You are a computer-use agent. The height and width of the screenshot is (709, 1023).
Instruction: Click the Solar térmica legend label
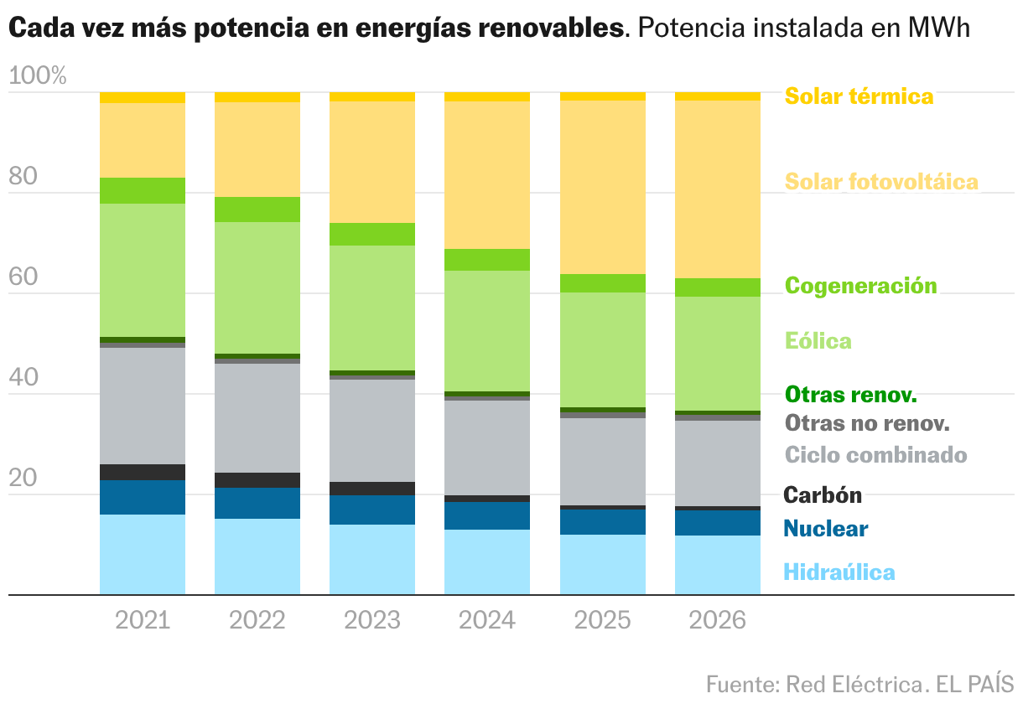(x=859, y=96)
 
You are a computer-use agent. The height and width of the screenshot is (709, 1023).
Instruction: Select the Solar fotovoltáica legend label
(x=881, y=181)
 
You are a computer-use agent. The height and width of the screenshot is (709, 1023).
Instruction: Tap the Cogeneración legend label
(x=860, y=286)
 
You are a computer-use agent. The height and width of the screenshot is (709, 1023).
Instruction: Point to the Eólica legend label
(x=818, y=341)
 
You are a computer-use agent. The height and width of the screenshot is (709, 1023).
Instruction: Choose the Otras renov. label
(x=850, y=394)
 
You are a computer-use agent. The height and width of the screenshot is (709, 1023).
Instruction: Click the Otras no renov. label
(x=867, y=423)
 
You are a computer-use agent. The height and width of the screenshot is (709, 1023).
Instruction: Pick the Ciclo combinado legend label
(x=875, y=455)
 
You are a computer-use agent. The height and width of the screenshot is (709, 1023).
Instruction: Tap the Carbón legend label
(x=822, y=494)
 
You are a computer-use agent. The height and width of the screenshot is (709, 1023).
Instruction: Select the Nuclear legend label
(x=825, y=529)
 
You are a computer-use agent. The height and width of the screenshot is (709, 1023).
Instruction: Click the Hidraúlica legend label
(x=839, y=572)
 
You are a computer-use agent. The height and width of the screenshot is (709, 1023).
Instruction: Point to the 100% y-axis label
(x=37, y=76)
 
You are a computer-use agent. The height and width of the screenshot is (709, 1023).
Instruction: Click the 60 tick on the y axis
(x=23, y=277)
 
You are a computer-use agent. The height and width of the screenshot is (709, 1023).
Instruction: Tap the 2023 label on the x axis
(x=372, y=621)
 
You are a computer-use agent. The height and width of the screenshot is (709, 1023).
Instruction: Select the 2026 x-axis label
(x=717, y=621)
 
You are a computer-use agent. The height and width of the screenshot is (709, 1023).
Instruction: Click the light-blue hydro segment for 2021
(x=143, y=555)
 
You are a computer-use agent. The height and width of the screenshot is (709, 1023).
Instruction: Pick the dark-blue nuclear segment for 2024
(x=487, y=515)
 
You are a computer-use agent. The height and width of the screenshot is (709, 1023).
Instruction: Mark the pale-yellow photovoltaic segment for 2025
(x=602, y=187)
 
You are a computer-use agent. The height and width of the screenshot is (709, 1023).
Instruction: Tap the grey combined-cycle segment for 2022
(x=257, y=417)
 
